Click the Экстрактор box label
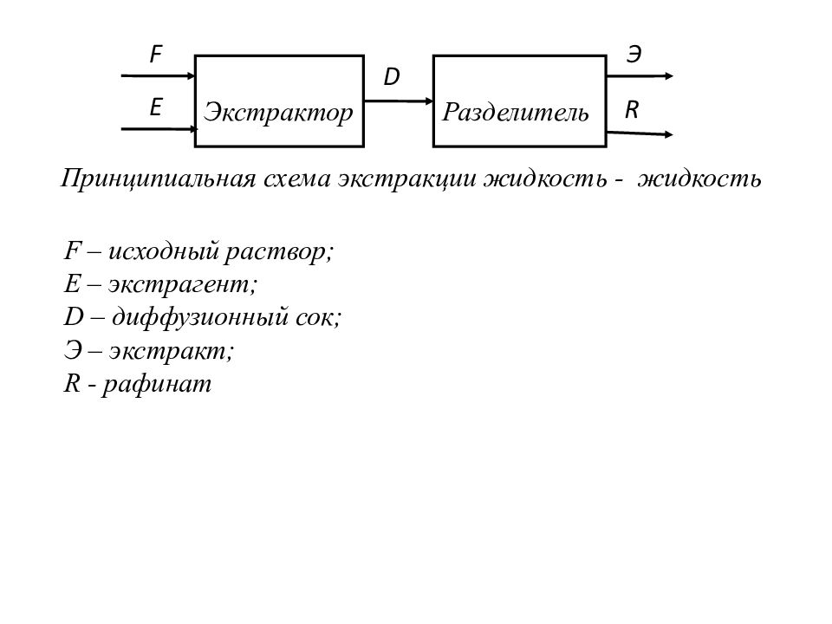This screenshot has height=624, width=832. coord(278,113)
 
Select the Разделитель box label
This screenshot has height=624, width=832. coord(516,113)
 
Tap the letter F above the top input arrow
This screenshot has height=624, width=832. coord(155,54)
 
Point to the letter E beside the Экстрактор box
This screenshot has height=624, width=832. coord(155,107)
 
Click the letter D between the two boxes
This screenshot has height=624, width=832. coord(391,77)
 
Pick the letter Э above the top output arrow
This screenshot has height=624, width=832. coord(634,54)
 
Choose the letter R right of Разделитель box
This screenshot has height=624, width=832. coord(632,110)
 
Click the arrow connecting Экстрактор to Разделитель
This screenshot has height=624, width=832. coord(399,101)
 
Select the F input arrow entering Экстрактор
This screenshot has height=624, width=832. coord(158,76)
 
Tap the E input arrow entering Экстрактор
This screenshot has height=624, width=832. coord(159,129)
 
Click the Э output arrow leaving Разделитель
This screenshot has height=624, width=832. coord(640,76)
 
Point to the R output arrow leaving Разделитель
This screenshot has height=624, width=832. coord(640,133)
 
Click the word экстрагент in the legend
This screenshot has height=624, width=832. coord(183,284)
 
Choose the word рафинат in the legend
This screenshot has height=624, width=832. coord(157,384)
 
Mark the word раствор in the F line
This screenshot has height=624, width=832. coord(278,252)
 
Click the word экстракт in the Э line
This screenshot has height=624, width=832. coord(171,351)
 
